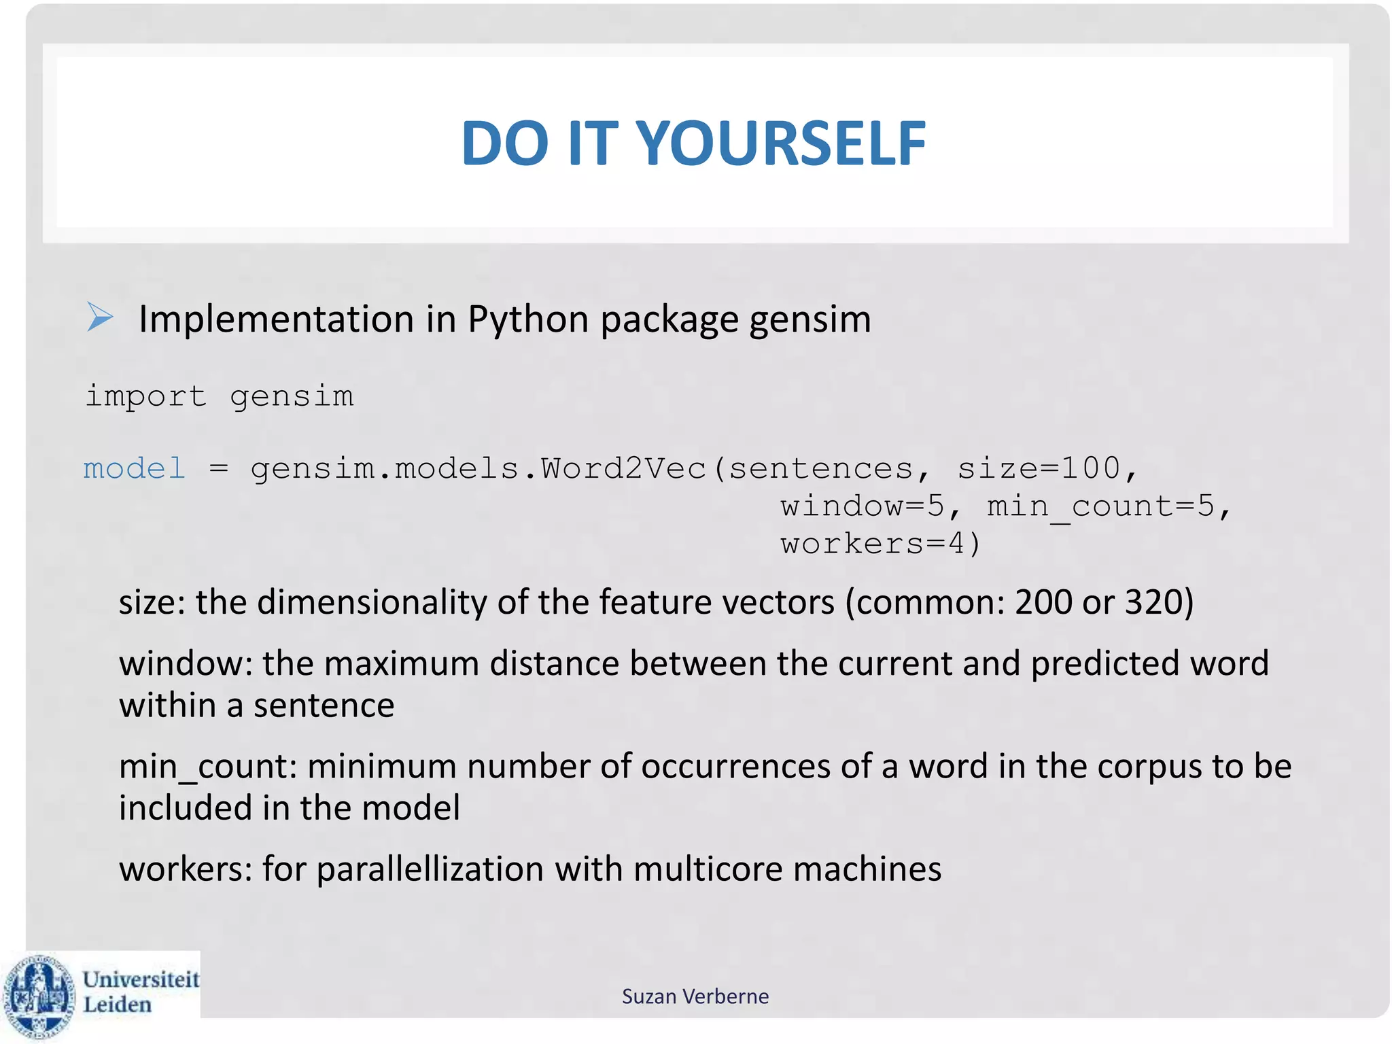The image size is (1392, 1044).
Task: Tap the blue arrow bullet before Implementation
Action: tap(100, 317)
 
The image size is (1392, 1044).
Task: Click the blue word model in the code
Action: tap(135, 468)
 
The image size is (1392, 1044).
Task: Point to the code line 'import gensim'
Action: tap(220, 396)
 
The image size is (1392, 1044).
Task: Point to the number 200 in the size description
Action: tap(1043, 602)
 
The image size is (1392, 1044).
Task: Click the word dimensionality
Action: tap(372, 602)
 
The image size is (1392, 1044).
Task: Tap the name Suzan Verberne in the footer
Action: tap(695, 996)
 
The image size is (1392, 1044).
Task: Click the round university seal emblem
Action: tap(39, 996)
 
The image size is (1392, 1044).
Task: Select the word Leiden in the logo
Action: tap(117, 1005)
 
